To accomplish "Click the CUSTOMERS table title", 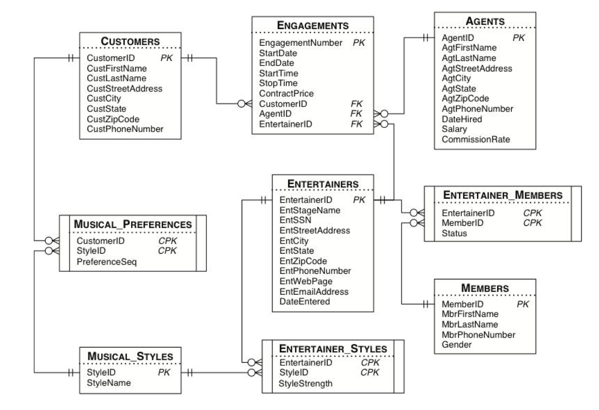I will point(130,41).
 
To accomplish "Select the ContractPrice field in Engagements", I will point(286,93).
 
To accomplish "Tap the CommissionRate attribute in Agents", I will point(476,140).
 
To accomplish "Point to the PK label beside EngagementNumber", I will point(359,43).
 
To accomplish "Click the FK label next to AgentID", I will point(356,114).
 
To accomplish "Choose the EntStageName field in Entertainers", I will point(310,210).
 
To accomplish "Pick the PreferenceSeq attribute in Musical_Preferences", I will point(106,262).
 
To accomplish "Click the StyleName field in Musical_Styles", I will point(109,383).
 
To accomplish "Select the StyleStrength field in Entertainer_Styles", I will point(305,384).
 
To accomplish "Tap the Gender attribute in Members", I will point(456,345).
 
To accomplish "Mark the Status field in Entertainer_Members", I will point(454,233).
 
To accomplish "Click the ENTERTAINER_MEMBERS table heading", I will point(503,195).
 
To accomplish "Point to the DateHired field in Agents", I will point(462,119).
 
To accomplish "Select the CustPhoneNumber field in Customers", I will point(125,129).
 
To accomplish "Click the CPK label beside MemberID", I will point(532,223).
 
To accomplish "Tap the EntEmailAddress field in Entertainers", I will point(314,292).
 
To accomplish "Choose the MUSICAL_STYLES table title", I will point(130,356).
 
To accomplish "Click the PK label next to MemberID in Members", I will point(522,304).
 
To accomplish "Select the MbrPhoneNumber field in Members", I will point(478,335).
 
